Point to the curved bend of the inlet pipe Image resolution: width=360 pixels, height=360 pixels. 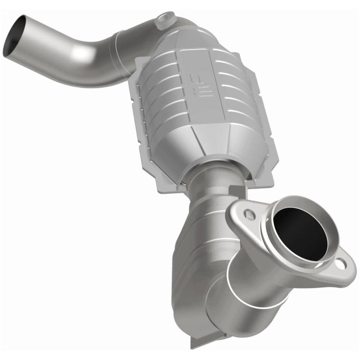(x=83, y=61)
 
